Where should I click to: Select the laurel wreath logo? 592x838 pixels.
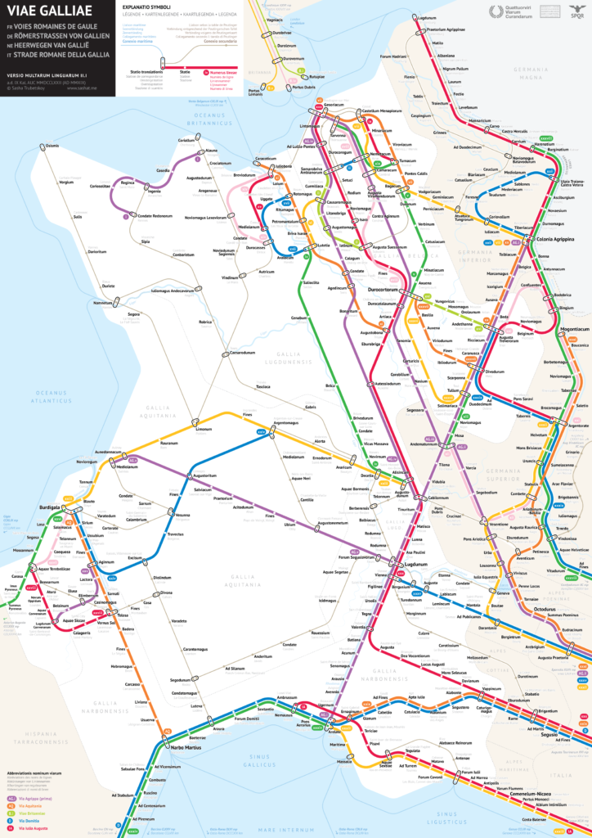(x=496, y=11)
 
